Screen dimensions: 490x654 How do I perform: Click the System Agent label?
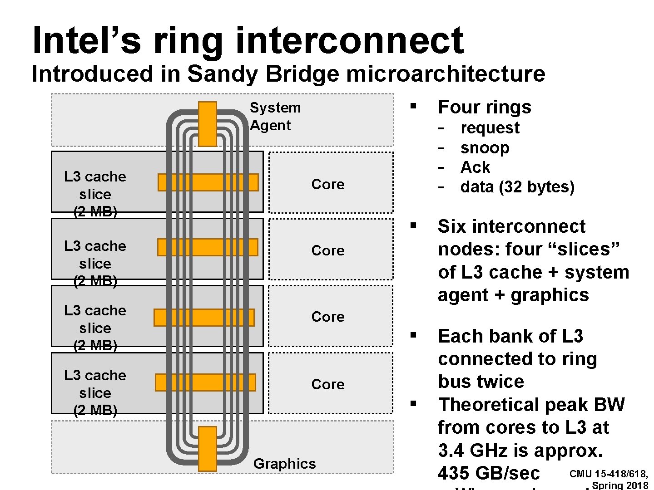[x=275, y=117]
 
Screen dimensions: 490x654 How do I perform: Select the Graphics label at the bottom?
[x=284, y=464]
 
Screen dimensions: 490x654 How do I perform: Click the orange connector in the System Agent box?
[x=208, y=124]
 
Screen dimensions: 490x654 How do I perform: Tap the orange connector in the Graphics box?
[x=208, y=448]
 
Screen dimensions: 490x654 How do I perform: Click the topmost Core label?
[x=328, y=184]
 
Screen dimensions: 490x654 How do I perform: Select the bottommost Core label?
[x=328, y=384]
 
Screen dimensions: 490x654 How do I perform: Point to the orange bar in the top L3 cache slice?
[x=208, y=182]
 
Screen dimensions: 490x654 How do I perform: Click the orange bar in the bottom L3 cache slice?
[x=205, y=382]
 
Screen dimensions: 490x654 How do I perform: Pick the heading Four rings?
[x=484, y=107]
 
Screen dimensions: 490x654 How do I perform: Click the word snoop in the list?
[x=485, y=148]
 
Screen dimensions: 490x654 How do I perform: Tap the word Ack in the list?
[x=475, y=167]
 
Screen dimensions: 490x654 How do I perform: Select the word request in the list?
[x=490, y=128]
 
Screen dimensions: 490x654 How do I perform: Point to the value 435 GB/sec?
[x=489, y=473]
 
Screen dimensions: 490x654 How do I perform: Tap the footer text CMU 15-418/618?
[x=609, y=474]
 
